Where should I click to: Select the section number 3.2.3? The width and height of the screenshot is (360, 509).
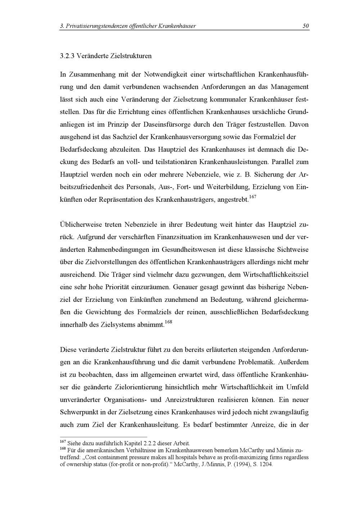coord(67,56)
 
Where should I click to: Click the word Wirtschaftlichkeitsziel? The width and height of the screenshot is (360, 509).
coord(276,274)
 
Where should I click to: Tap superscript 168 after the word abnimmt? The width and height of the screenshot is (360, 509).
coord(168,322)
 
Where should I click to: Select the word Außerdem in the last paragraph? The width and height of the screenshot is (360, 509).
coord(293,362)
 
